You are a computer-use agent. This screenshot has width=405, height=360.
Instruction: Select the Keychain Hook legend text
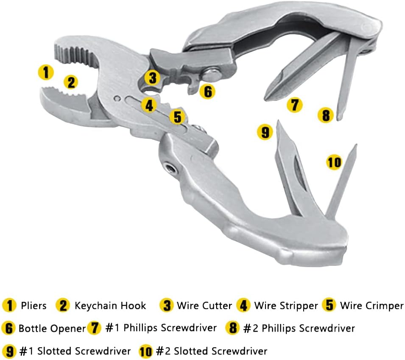(x=110, y=306)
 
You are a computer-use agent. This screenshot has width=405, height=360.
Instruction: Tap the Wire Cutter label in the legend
(x=204, y=306)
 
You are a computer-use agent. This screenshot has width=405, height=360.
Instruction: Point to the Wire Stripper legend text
(x=286, y=306)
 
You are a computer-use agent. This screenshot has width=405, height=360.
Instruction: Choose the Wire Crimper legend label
(x=371, y=306)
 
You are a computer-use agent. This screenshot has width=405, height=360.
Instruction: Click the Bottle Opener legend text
(x=52, y=328)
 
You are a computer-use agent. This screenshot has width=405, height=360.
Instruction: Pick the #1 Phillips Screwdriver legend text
(x=161, y=328)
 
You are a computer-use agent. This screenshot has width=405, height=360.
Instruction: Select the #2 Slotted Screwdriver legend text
(x=299, y=328)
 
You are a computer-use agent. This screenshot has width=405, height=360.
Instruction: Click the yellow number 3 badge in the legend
(x=167, y=306)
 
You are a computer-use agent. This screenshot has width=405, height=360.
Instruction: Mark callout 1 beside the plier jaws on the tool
(x=46, y=72)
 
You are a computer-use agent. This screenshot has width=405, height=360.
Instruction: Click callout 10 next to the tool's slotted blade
(x=334, y=162)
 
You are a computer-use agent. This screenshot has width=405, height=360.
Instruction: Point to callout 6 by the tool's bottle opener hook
(x=207, y=91)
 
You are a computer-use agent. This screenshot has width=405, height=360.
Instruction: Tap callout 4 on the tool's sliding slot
(x=148, y=105)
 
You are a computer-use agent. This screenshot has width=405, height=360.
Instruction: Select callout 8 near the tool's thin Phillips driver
(x=326, y=115)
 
